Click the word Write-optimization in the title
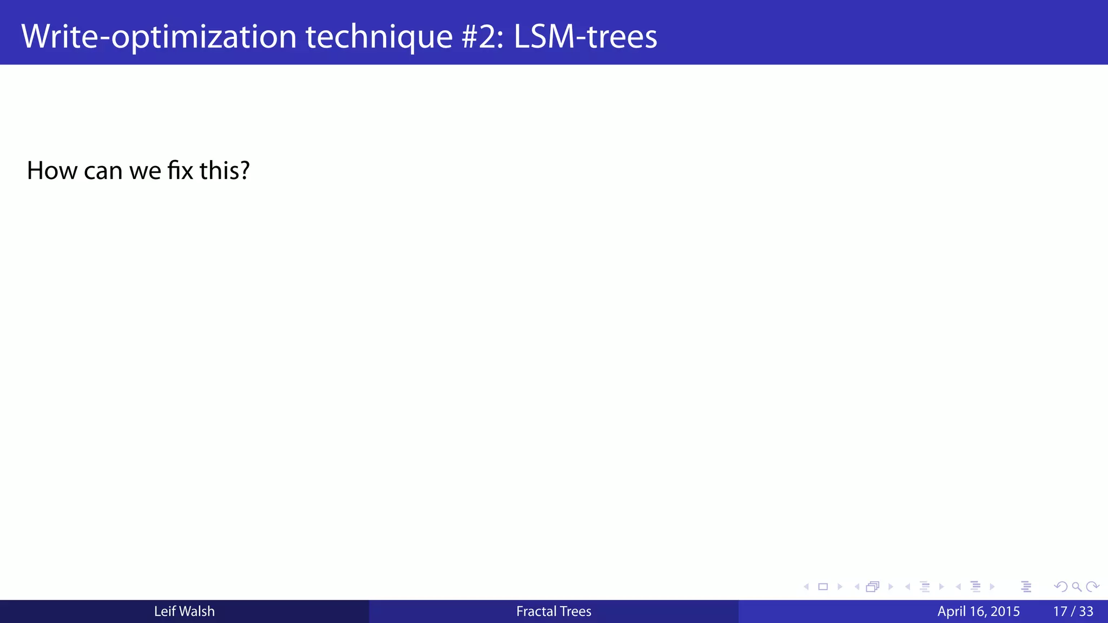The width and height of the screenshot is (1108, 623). point(159,37)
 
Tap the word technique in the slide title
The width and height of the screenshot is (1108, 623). point(379,37)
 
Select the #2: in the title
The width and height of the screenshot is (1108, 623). point(483,37)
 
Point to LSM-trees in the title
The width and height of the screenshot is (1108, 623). point(585,37)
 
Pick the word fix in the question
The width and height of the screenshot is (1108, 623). point(180,170)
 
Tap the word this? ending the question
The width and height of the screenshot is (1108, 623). point(225,170)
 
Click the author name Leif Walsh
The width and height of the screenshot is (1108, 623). point(184,611)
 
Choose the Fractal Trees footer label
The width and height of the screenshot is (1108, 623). point(553,611)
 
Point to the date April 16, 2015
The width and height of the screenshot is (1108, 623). point(978,611)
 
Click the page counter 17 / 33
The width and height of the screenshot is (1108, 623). point(1073,611)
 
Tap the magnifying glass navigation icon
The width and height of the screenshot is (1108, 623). point(1077,587)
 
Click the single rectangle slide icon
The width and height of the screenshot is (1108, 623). point(823,587)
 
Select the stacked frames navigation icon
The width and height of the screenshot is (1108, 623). point(872,587)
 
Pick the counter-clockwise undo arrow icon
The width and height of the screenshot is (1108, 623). point(1060,587)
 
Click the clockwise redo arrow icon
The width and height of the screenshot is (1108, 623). point(1092,587)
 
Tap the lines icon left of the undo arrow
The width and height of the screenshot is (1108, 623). point(1026,587)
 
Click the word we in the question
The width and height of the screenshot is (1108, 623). point(145,170)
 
